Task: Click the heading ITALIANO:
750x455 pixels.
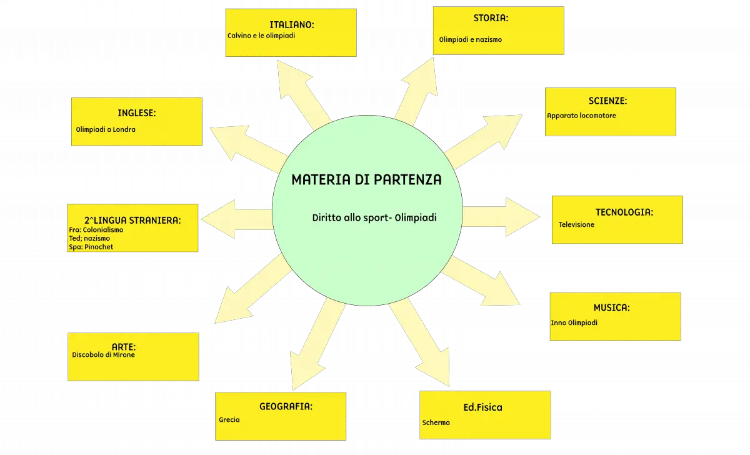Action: pos(292,25)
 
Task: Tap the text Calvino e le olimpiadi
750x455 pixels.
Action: pos(261,36)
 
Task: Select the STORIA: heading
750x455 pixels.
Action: pos(491,18)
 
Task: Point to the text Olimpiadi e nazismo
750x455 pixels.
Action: pos(471,39)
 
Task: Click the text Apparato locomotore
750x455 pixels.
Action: pos(581,116)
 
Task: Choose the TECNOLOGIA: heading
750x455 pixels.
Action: pos(624,212)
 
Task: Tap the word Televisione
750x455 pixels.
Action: pos(576,224)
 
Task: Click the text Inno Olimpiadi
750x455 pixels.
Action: pos(574,322)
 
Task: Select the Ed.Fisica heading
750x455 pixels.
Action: pos(482,407)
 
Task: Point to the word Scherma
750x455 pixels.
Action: pos(436,422)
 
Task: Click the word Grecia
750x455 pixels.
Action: pos(229,420)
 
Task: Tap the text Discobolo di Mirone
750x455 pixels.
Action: pos(103,355)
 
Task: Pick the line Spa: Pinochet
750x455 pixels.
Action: pos(91,247)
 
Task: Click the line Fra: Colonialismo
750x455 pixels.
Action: pos(96,230)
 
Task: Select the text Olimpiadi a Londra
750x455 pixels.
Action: pos(106,129)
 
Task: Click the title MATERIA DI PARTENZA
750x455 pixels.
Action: pos(366,180)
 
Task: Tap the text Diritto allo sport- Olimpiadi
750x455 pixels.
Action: pos(374,218)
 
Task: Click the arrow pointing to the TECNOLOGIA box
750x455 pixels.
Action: pos(501,217)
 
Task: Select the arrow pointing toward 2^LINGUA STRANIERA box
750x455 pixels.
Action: pos(237,219)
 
